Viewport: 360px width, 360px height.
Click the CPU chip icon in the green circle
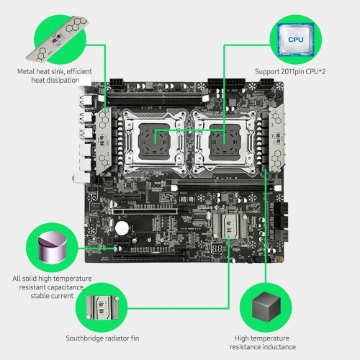point(296,40)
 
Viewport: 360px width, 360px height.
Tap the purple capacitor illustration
point(53,247)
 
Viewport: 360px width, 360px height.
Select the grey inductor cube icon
point(266,307)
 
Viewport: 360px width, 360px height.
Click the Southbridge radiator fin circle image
point(102,307)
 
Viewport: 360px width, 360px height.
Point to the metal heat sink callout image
point(58,38)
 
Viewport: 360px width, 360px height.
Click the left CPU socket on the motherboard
point(154,142)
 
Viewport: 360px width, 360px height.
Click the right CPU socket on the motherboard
point(224,142)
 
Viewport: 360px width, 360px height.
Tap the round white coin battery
point(122,228)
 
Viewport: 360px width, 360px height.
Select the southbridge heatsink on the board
point(230,226)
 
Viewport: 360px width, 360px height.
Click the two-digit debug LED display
point(217,248)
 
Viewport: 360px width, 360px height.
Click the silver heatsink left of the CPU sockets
point(104,141)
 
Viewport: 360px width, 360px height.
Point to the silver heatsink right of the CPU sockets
point(276,138)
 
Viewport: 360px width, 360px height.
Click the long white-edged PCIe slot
point(145,212)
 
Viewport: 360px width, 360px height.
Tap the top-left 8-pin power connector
point(117,84)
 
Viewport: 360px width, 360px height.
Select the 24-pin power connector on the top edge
point(226,84)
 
